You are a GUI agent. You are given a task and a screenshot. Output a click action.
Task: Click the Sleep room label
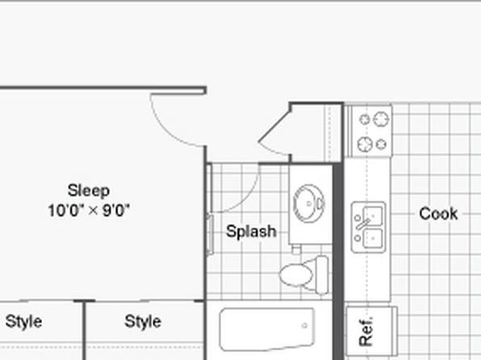tap(88, 190)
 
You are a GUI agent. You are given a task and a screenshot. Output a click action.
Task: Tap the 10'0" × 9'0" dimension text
tap(89, 211)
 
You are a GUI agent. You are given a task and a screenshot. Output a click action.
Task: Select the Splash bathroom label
tap(251, 232)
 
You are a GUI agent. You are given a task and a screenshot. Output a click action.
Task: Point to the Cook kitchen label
tap(438, 214)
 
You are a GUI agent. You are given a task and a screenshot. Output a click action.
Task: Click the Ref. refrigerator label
tap(366, 331)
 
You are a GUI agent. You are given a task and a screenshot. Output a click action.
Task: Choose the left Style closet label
tap(23, 322)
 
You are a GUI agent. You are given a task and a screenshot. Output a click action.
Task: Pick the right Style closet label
tap(143, 322)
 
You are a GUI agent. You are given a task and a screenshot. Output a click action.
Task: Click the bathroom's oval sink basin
tap(308, 203)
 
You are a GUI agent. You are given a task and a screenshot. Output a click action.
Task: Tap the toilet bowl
tap(296, 274)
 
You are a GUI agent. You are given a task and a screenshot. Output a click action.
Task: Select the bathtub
tap(267, 329)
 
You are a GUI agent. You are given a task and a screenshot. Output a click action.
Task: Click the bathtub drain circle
tap(304, 325)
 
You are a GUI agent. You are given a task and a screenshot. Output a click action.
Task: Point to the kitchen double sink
tap(368, 227)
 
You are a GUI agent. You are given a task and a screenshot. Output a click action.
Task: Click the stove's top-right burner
tap(381, 119)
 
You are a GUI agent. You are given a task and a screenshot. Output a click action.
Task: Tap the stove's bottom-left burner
tap(365, 144)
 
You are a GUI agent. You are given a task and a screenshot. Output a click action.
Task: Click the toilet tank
tap(321, 275)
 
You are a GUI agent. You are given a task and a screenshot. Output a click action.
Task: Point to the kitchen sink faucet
tap(363, 224)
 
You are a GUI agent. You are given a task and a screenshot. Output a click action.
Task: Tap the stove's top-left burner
tap(365, 119)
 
